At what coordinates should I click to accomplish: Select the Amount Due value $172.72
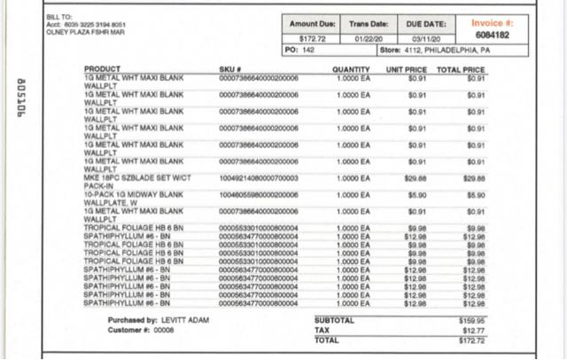[x=314, y=38]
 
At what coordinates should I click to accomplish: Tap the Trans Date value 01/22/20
[x=366, y=38]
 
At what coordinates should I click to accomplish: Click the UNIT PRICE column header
[x=407, y=69]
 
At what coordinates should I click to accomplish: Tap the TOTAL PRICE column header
[x=461, y=69]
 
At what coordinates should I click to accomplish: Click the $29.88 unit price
[x=416, y=178]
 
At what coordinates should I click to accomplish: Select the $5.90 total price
[x=475, y=193]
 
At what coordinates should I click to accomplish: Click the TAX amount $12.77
[x=475, y=330]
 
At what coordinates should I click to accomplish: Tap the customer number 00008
[x=164, y=329]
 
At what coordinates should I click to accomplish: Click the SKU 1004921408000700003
[x=258, y=178]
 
